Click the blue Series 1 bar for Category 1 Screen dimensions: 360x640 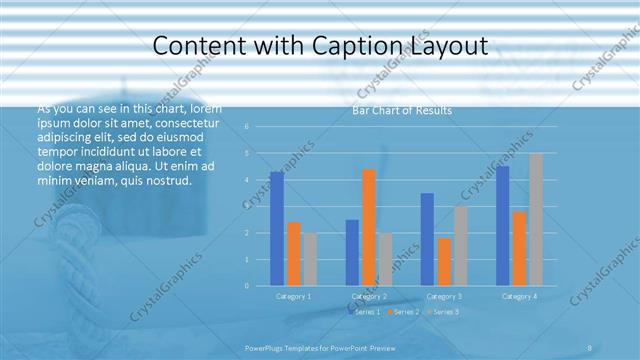[277, 228]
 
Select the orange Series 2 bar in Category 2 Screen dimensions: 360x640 [369, 227]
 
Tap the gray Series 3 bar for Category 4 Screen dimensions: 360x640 [536, 219]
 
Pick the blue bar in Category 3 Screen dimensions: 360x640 [427, 239]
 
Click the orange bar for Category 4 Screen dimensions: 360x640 [519, 248]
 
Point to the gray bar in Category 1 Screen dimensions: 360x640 [310, 259]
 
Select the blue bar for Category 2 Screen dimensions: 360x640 [352, 252]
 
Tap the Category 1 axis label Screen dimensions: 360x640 [293, 297]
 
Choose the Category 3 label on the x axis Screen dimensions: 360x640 [444, 297]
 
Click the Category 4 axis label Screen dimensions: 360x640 [519, 297]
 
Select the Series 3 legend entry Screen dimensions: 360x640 [446, 313]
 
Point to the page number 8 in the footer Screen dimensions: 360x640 [590, 347]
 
